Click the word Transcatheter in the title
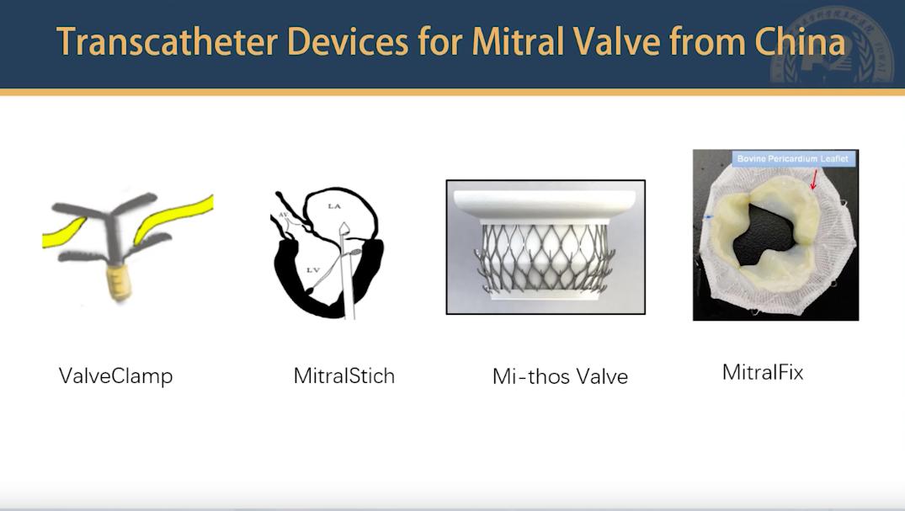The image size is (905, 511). click(x=168, y=41)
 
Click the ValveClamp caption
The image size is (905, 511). click(x=115, y=376)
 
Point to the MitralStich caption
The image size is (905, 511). click(x=344, y=376)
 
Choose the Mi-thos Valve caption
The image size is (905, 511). click(x=560, y=376)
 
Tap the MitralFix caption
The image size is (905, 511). click(x=763, y=372)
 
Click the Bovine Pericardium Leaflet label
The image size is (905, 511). click(x=792, y=158)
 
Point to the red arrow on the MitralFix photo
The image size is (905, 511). click(x=814, y=179)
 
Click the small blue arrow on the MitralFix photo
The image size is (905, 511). click(x=709, y=217)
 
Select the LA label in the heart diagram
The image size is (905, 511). click(x=334, y=206)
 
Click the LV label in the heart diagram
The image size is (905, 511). click(x=312, y=269)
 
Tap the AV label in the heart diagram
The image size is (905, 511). click(x=284, y=214)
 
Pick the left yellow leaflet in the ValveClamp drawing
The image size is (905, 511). click(x=63, y=232)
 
